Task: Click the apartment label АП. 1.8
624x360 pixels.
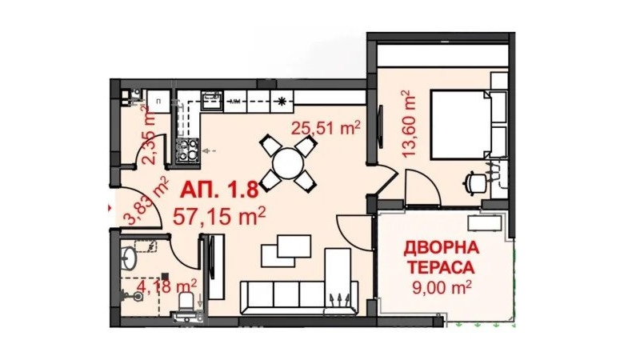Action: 219,190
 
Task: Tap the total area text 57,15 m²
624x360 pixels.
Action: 219,216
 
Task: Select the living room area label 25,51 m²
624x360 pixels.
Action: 326,128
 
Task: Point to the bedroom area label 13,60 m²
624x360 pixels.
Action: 409,124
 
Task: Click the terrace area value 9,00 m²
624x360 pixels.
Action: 442,287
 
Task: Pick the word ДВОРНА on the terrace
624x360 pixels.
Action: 442,248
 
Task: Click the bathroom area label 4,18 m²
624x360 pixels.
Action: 166,286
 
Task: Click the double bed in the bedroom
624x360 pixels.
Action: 469,124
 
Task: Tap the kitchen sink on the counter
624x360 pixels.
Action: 212,100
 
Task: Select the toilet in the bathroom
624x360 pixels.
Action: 186,305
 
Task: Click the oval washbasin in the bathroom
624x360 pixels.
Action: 128,258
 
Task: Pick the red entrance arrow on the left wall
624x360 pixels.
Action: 110,207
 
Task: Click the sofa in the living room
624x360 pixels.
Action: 299,297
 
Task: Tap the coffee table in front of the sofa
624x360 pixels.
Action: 286,251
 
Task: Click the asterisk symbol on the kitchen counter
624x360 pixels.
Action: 282,101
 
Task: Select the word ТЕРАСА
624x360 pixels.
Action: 442,268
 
